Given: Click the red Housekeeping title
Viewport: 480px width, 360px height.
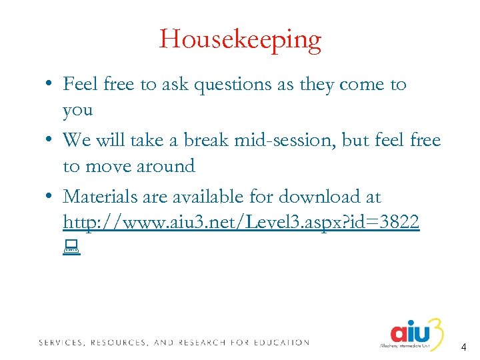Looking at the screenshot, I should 240,40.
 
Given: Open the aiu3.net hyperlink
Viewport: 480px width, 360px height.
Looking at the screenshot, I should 241,222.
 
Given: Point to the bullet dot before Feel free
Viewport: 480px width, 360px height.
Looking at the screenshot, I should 50,85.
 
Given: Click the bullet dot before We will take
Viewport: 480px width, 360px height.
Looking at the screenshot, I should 50,141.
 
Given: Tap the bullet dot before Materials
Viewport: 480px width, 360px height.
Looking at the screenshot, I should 50,197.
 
